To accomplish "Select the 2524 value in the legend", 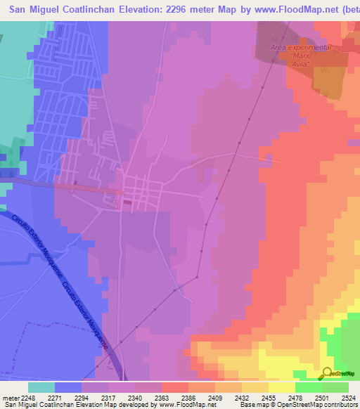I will pos(340,398).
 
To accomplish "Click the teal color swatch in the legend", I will pos(41,387).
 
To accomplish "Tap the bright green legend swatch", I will pos(309,387).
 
